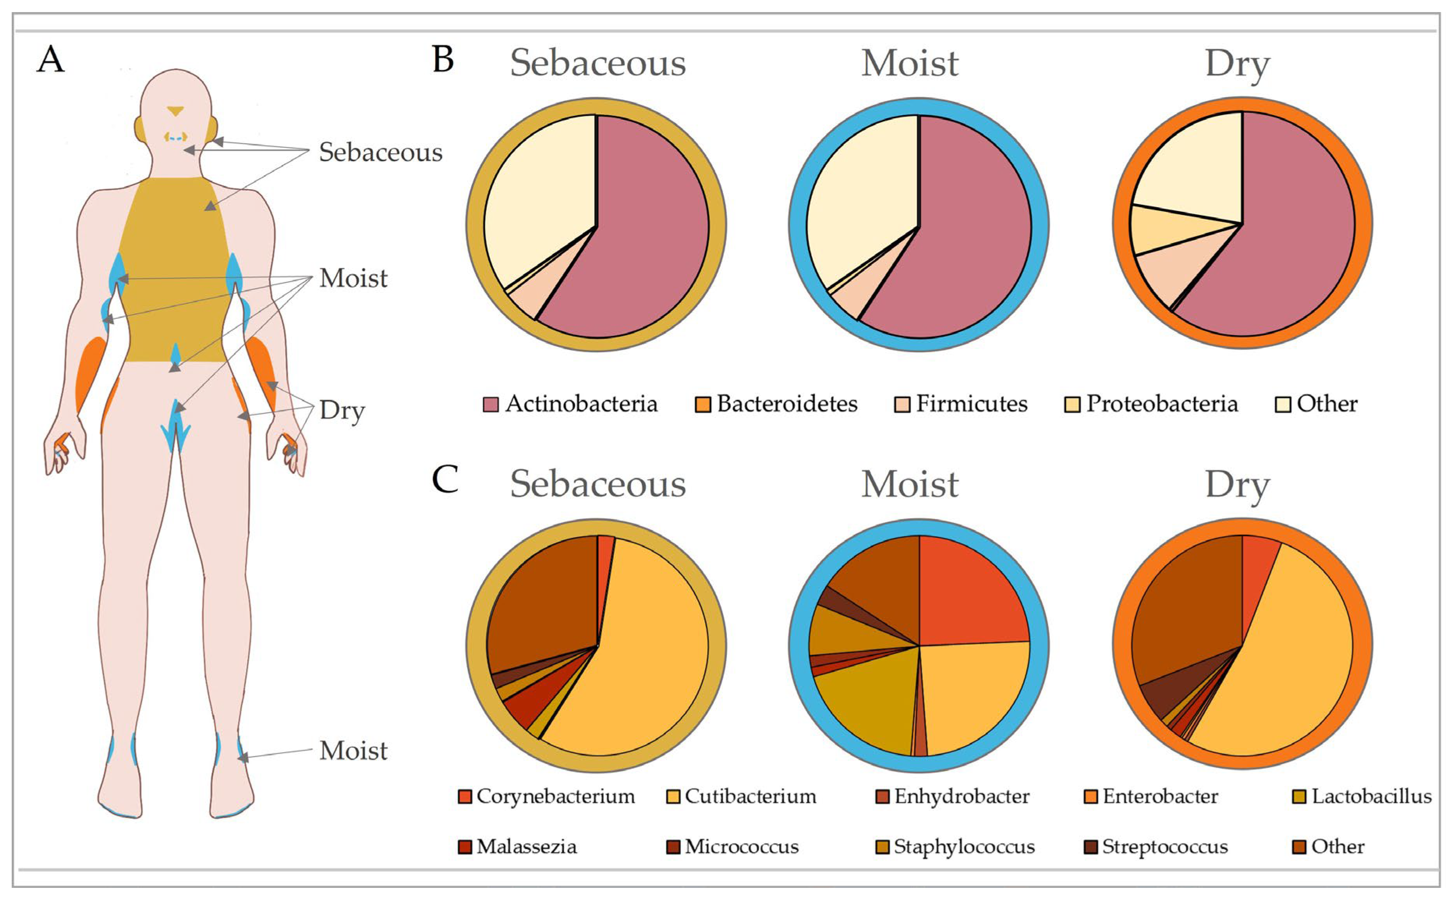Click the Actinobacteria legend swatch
[490, 405]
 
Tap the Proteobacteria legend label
[1162, 404]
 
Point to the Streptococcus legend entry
[1155, 847]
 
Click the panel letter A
[50, 59]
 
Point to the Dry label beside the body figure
[342, 410]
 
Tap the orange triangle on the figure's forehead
[176, 110]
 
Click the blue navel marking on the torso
[175, 355]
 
